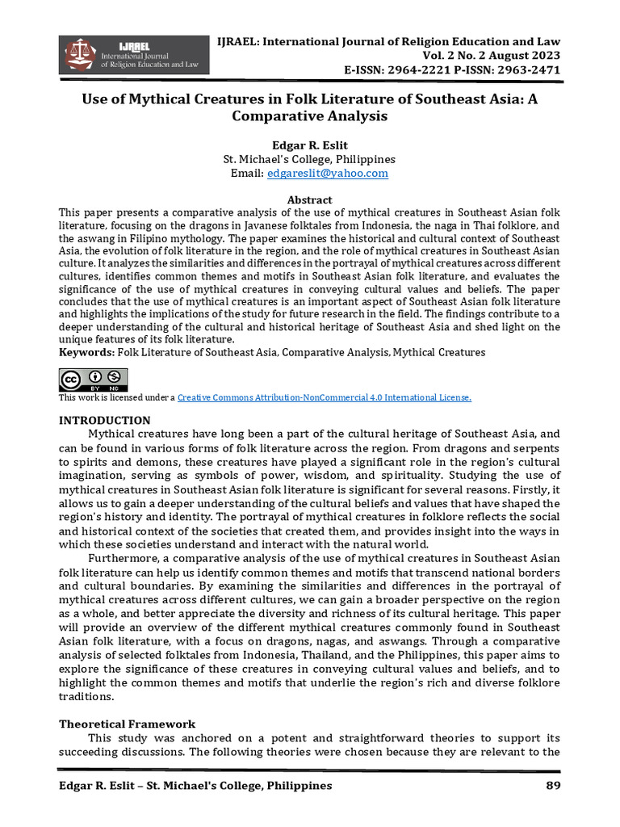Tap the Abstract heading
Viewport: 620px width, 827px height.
pos(309,200)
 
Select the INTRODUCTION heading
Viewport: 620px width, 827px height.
pos(105,421)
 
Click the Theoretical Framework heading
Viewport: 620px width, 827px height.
pos(127,724)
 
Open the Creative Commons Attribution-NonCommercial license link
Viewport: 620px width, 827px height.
pos(324,398)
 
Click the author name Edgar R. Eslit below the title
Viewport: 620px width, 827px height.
pos(309,146)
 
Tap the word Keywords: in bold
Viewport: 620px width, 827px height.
pos(87,353)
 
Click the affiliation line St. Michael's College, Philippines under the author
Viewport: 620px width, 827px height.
pos(309,160)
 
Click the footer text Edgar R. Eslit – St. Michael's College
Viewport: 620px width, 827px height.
pos(195,786)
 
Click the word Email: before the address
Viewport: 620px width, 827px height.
pos(247,174)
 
